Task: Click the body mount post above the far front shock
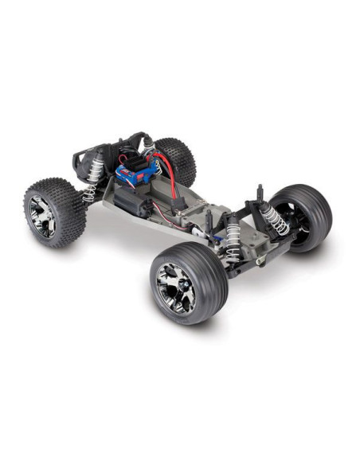point(260,194)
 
